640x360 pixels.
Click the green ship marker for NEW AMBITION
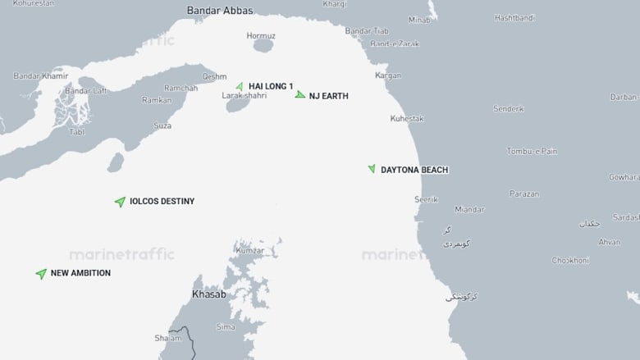pos(41,273)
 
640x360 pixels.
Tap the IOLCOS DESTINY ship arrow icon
pos(120,201)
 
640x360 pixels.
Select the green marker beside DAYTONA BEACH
pos(372,169)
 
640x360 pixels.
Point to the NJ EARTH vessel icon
pos(300,95)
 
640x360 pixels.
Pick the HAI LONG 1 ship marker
pos(240,86)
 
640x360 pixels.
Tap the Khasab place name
pos(208,294)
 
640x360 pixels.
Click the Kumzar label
pos(250,249)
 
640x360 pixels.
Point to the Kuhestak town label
pos(407,119)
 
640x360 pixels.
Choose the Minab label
pos(419,19)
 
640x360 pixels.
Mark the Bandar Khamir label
pos(40,76)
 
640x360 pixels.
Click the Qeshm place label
pos(214,76)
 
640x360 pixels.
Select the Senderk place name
pos(508,108)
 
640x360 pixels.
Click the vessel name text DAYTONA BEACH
pos(414,170)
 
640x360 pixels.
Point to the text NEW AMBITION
pos(80,273)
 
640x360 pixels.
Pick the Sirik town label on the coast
pos(426,199)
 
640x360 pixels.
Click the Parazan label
pos(523,194)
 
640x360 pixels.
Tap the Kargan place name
pos(388,75)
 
